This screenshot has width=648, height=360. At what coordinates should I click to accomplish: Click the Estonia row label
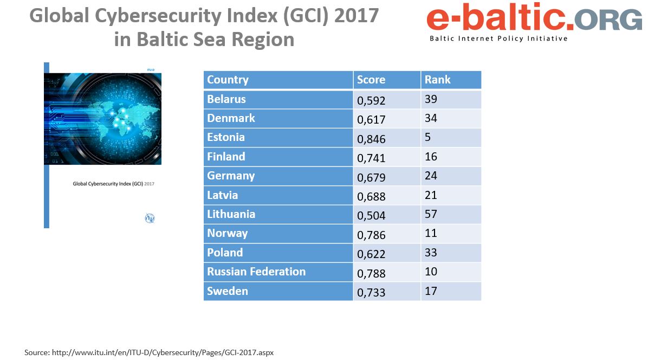coord(226,137)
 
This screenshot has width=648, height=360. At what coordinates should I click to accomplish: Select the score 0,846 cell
coord(372,139)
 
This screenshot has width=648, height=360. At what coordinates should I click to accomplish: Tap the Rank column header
coord(438,80)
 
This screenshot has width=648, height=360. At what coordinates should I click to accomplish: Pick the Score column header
coord(371,80)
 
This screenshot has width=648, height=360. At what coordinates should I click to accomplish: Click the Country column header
coord(228,80)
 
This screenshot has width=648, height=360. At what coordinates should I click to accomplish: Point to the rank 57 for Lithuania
coord(431,214)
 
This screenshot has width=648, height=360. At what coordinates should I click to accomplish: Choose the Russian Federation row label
coord(256,272)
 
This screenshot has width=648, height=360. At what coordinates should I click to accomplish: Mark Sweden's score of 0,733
coord(372,293)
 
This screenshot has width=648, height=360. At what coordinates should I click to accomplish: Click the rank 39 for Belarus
coord(431,99)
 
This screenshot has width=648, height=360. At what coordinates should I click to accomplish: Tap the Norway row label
coord(228,233)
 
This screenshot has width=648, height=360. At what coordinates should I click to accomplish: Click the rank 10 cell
coord(431,272)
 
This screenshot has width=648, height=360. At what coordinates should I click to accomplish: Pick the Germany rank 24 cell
coord(431,176)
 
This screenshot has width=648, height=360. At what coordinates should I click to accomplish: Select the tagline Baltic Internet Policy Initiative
coord(498,38)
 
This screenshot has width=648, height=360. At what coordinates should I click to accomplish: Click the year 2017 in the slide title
coord(356,16)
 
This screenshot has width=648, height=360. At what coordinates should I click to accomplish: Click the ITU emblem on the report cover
coord(150,218)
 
